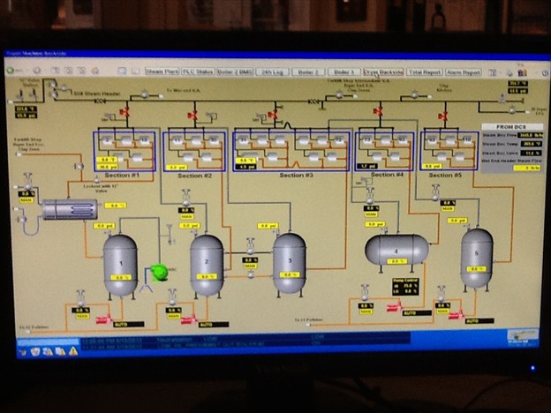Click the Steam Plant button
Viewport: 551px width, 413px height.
coord(162,71)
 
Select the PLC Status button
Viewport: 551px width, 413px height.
coord(199,71)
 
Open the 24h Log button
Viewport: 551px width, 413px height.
coord(275,71)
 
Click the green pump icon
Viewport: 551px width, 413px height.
coord(160,272)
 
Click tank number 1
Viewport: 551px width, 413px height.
coord(120,265)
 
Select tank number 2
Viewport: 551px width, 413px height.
coord(207,264)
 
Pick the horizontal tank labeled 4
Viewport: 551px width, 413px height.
coord(396,251)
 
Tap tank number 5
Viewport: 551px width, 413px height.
coord(476,257)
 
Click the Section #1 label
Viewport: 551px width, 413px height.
coord(124,175)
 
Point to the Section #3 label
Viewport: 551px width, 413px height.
coord(296,175)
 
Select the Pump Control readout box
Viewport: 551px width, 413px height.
coord(406,288)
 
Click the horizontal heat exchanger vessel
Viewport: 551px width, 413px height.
coord(69,209)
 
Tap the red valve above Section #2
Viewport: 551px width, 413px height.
coord(192,114)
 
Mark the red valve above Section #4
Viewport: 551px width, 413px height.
coord(378,113)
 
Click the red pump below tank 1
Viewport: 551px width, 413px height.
coord(103,320)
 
